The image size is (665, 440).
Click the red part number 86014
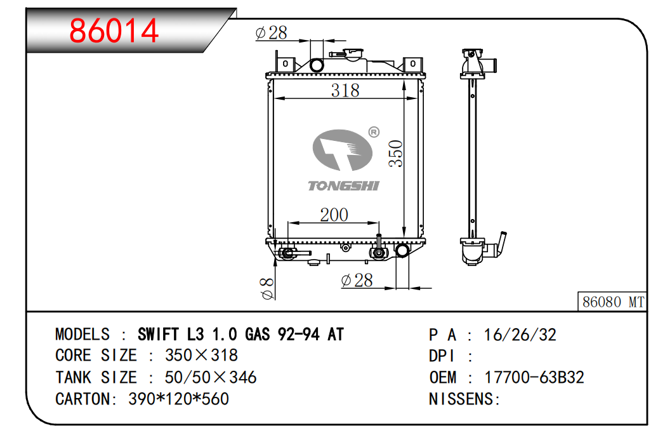pos(114,30)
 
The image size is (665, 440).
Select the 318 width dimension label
pos(345,90)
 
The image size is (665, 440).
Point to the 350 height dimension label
pos(396,153)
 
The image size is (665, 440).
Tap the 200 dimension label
pos(334,215)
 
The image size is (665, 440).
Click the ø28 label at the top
pos(271,33)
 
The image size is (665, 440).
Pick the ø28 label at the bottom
pos(357,280)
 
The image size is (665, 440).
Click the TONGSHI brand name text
pos(343,185)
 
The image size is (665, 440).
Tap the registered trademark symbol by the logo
pos(374,132)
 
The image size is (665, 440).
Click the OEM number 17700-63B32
pos(534,377)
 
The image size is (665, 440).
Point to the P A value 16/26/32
pos(520,335)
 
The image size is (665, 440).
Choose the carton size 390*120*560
pos(179,399)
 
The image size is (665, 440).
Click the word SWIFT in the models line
pos(159,335)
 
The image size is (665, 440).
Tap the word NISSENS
pos(461,399)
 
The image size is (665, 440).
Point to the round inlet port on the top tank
pos(316,65)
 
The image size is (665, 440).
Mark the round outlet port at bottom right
pos(402,251)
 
